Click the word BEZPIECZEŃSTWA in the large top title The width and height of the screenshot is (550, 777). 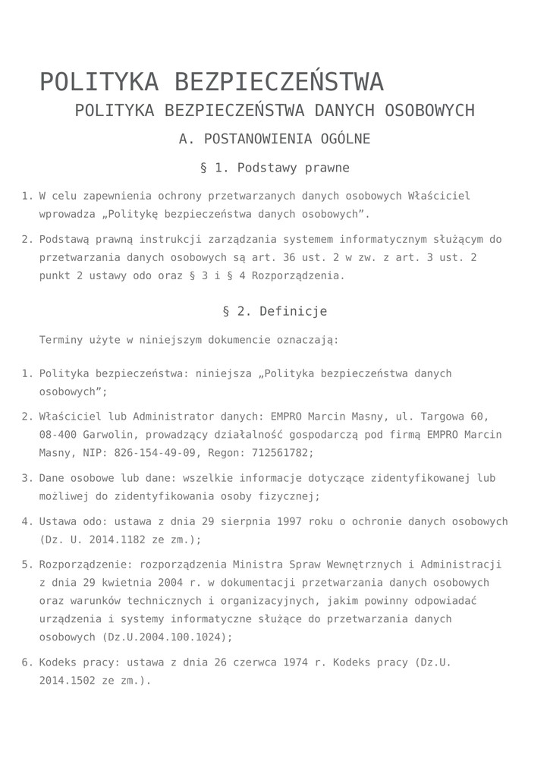coord(278,82)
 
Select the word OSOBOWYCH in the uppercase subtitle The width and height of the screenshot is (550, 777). coord(429,111)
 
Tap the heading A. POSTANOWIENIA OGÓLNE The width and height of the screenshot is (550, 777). coord(275,139)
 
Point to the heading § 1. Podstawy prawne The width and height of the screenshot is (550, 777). coord(275,168)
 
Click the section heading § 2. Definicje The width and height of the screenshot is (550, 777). coord(275,312)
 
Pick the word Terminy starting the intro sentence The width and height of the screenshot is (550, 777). coord(61,340)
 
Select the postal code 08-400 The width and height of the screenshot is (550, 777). coord(55,435)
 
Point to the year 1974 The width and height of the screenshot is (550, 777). coord(295,662)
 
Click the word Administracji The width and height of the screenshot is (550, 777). coord(461,565)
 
